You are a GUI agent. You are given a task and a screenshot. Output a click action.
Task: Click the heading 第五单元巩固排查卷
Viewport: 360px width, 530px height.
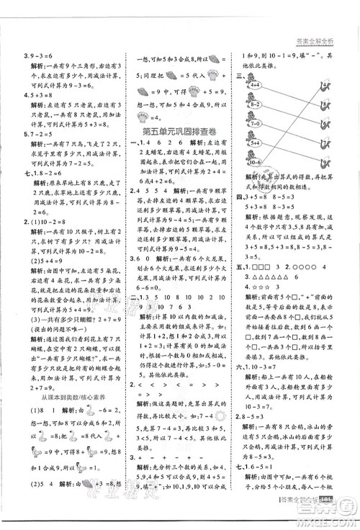181,130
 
